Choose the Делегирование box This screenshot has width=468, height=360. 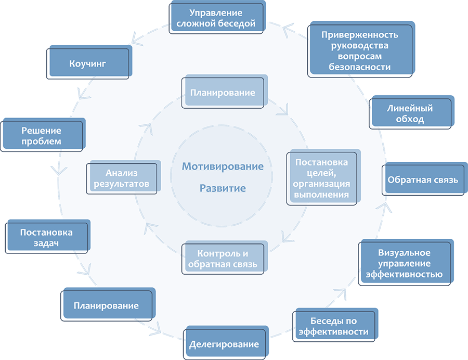coord(226,344)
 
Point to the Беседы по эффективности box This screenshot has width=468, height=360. coord(335,326)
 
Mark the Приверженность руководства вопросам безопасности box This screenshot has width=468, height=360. coord(361,50)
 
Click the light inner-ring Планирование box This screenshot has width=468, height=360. coord(224,93)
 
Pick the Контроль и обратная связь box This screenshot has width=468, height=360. coord(224,259)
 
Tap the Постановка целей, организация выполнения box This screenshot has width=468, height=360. coord(323,178)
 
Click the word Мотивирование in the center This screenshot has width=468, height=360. coord(223,166)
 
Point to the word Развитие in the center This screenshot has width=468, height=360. coord(223,188)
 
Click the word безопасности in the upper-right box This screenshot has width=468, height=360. coord(360,67)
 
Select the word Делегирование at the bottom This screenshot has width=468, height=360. coord(224,344)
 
